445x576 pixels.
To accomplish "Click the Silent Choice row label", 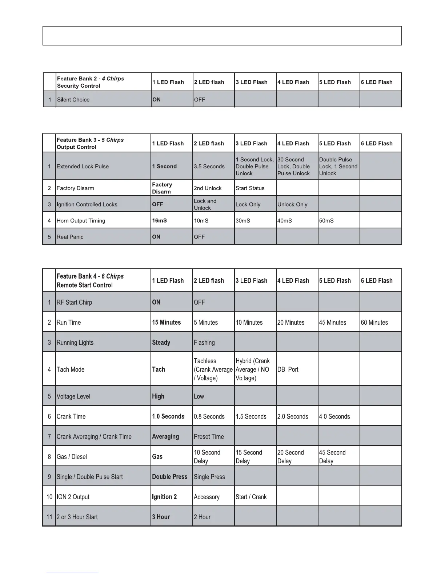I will pos(73,100).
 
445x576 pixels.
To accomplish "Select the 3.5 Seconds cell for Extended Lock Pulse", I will pos(209,167).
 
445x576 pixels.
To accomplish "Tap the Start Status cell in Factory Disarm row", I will pos(250,188).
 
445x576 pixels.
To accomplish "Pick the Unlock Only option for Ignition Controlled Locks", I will pos(292,204).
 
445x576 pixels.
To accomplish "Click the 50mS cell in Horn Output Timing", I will pos(326,221).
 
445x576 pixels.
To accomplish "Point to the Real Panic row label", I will pos(70,237).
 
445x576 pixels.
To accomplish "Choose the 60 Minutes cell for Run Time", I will pos(374,323).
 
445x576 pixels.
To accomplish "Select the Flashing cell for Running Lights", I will pos(204,343).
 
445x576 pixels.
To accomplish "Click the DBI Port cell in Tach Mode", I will pos(288,369).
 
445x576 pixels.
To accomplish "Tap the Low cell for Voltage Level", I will pos(199,396).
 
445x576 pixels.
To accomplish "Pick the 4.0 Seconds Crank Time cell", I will pos(334,416).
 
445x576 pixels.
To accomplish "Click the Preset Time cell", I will pos(209,436).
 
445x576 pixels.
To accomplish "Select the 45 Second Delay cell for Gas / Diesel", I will pos(332,457).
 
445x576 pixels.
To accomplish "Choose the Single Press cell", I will pos(209,477).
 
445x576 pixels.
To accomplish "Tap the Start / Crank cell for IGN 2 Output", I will pos(251,497).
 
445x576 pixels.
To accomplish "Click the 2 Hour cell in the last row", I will pos(202,517).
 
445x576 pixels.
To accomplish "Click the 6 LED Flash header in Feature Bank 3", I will pos(377,143).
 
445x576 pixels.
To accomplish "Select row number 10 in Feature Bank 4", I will pos(49,497).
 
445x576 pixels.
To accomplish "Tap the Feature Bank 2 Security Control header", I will pos(90,82).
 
